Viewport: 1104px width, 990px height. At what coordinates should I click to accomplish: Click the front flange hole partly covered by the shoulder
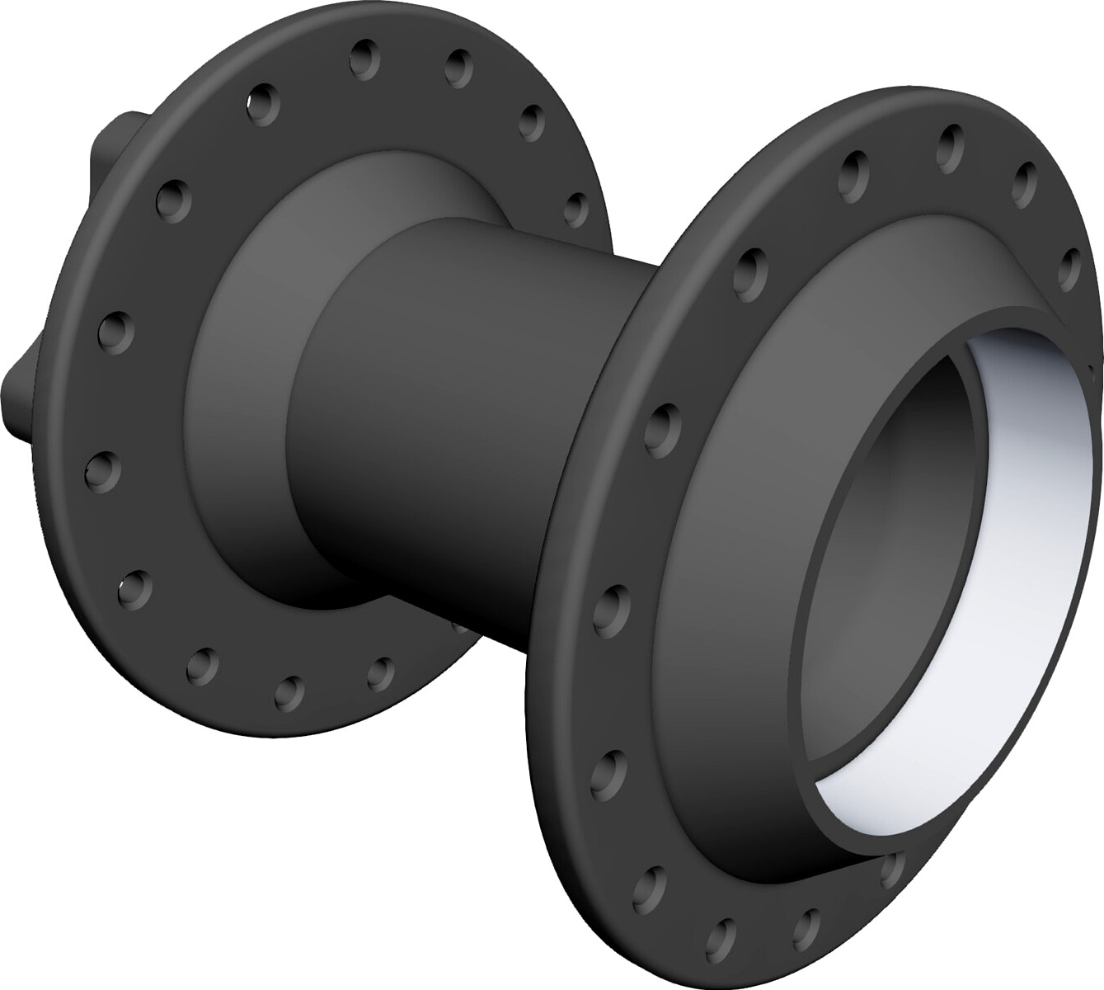(x=891, y=866)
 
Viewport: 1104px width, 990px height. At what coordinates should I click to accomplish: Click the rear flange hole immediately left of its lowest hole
(x=202, y=663)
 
